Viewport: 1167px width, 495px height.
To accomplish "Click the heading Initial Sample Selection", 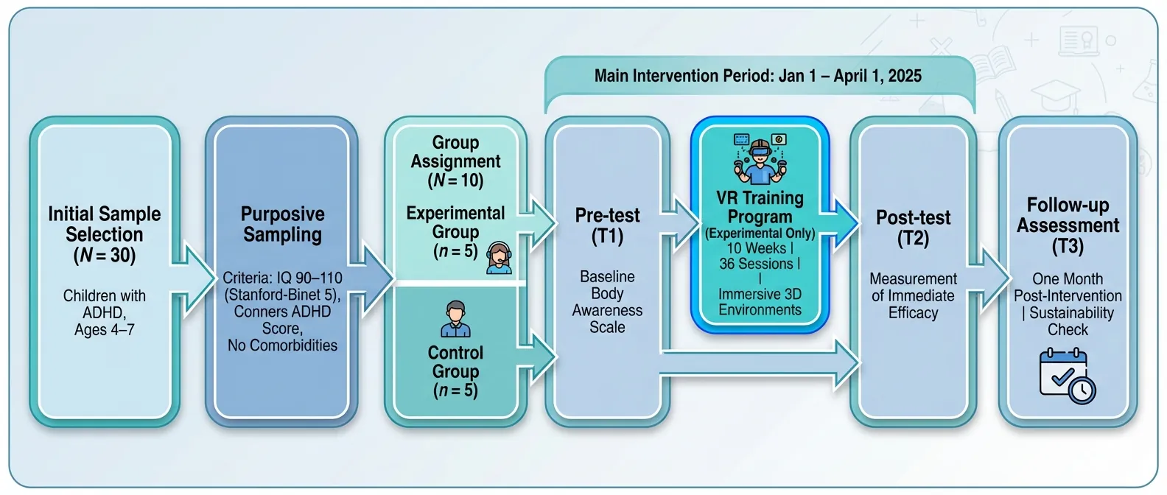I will (x=105, y=224).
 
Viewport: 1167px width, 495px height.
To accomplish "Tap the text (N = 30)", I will (x=105, y=256).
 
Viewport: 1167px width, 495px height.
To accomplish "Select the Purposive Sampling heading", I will (x=283, y=224).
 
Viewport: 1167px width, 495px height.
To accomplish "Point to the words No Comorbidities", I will (x=283, y=345).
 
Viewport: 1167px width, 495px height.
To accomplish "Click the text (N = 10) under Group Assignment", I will (x=455, y=180).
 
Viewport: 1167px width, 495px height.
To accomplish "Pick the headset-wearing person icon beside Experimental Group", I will (x=499, y=258).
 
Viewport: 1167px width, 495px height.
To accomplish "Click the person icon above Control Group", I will (x=455, y=319).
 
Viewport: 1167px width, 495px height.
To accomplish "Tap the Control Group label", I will (x=455, y=362).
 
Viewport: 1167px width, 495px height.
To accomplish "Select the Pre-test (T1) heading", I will (x=608, y=225).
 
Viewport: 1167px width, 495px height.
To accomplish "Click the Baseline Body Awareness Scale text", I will (x=608, y=302).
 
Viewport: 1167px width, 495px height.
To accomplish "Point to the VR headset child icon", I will (x=760, y=159).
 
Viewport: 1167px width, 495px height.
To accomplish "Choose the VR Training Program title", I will (x=760, y=207).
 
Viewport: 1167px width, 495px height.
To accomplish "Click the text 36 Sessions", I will (x=757, y=264).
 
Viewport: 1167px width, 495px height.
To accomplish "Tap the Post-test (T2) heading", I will (x=913, y=228).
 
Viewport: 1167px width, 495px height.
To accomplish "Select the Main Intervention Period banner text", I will (x=758, y=76).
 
